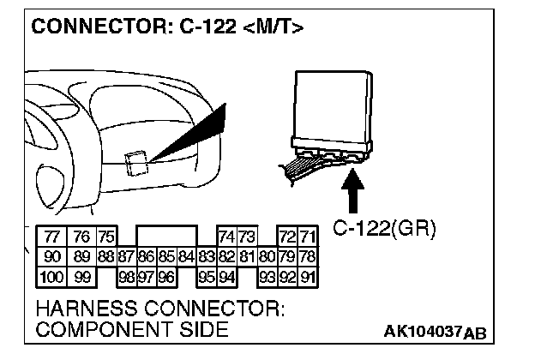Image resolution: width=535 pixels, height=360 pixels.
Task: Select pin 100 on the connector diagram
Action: (51, 276)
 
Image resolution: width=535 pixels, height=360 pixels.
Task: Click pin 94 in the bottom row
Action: (227, 276)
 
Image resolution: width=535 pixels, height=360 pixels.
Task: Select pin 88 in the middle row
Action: (105, 256)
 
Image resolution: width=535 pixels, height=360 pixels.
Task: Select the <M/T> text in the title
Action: (274, 28)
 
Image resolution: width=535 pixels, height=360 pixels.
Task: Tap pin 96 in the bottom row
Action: (165, 276)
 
